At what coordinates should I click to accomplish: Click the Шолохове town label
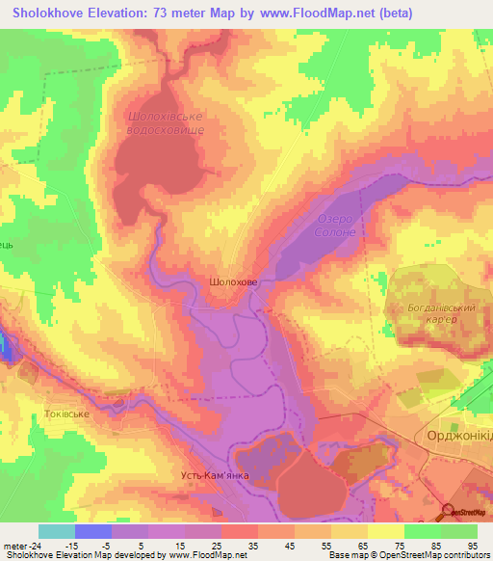point(233,282)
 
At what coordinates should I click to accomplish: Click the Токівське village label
point(66,414)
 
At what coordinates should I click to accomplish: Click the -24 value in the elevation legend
point(35,545)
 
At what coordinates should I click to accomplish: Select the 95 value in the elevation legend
point(472,545)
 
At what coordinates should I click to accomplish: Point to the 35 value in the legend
point(252,545)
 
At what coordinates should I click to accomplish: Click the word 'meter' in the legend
point(14,545)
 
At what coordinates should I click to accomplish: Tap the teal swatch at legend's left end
point(57,531)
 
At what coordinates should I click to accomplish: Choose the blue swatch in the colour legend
point(93,531)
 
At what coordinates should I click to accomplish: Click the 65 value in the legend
point(362,545)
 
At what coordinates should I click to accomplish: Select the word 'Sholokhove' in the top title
point(46,13)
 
